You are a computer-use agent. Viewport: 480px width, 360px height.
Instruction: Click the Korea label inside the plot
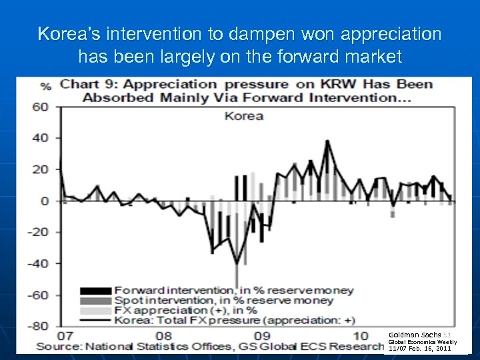(243, 115)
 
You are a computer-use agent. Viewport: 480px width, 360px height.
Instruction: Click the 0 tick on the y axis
(45, 201)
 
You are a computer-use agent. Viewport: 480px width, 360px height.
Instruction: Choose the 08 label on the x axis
(164, 335)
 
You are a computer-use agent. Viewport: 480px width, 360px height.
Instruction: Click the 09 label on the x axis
(262, 335)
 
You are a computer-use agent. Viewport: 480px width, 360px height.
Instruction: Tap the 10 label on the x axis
(360, 335)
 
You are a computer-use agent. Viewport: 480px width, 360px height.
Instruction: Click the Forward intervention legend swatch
(95, 291)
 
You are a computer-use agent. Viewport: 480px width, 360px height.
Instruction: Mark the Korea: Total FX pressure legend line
(95, 320)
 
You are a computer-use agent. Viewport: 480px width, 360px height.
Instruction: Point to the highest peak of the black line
(327, 141)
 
